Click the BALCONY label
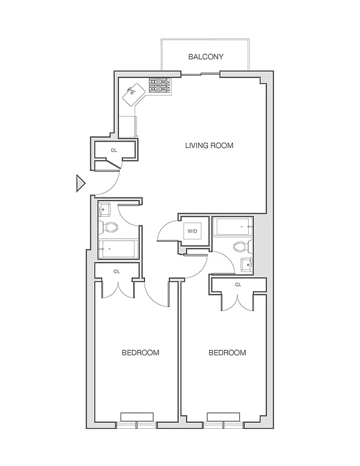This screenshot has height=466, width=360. click(206, 57)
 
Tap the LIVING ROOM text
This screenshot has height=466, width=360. click(209, 146)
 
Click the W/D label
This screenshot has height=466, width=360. click(192, 231)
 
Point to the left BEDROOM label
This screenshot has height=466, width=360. click(140, 352)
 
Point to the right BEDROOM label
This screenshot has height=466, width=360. click(227, 352)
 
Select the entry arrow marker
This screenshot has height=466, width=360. click(80, 183)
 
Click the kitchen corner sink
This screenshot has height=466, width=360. click(135, 92)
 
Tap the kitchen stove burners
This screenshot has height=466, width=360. click(160, 86)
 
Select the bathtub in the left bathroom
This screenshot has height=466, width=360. click(118, 249)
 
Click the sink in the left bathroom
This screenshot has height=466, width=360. click(105, 209)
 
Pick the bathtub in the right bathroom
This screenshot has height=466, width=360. click(233, 226)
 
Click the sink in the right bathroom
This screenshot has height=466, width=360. click(247, 264)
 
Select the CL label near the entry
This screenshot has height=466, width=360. click(114, 150)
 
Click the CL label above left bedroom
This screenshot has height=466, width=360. click(117, 271)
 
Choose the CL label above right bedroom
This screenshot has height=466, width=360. click(238, 284)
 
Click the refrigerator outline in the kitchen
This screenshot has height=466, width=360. click(127, 126)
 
